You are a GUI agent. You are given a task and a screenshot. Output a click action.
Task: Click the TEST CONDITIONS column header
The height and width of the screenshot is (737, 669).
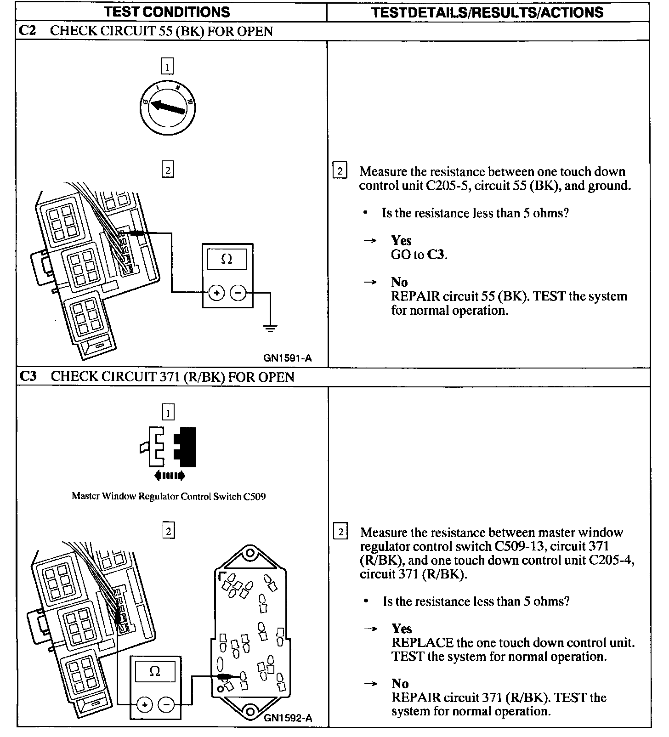[x=166, y=12]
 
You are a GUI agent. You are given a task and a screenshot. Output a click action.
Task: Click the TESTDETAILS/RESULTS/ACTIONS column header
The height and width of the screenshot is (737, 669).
[x=487, y=12]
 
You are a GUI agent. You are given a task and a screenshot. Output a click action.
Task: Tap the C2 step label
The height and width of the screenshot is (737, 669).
[x=28, y=31]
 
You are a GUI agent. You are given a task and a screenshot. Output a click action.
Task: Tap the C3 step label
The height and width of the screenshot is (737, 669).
[x=28, y=377]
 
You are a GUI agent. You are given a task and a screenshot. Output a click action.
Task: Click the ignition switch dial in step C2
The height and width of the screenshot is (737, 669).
[x=167, y=108]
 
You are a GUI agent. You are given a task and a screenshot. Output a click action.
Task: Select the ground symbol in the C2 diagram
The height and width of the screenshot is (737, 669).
[x=270, y=328]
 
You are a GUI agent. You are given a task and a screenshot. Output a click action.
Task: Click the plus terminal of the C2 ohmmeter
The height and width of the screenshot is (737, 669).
[x=216, y=293]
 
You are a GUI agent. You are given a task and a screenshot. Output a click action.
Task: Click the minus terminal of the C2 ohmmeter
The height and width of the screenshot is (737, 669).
[x=238, y=293]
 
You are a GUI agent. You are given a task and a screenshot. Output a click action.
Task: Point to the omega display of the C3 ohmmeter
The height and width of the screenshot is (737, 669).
[x=155, y=671]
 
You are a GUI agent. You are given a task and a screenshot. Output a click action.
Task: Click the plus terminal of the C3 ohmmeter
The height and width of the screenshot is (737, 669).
[x=144, y=705]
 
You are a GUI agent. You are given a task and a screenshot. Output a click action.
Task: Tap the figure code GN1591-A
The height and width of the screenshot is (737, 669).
[x=288, y=358]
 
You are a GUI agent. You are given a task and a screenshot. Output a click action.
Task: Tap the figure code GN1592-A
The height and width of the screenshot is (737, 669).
[x=288, y=718]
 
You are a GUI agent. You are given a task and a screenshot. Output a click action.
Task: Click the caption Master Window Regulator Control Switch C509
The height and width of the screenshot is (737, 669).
[x=169, y=496]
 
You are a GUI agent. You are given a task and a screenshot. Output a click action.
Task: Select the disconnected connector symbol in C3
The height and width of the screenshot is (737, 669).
[x=169, y=447]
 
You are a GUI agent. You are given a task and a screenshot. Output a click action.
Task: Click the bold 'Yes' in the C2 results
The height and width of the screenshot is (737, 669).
[x=401, y=240]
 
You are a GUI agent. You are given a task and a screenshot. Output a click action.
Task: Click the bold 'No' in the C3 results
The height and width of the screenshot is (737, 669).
[x=400, y=684]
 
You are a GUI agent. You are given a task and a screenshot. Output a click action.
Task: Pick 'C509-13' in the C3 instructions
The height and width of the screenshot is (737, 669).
[x=520, y=546]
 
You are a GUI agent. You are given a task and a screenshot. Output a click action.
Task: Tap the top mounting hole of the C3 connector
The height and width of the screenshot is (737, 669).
[x=250, y=552]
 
